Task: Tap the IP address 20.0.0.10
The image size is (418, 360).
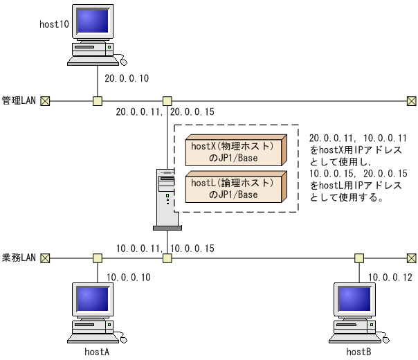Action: tap(127, 78)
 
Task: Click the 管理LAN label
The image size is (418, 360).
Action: tap(19, 101)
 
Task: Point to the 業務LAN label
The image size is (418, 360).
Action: tap(19, 258)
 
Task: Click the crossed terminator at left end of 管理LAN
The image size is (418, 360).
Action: tap(45, 101)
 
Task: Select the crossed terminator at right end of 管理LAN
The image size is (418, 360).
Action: tap(411, 101)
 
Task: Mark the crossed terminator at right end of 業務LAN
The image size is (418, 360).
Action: tap(411, 258)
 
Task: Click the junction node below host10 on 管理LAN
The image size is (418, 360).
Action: tap(98, 101)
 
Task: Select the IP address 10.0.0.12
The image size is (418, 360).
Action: tap(390, 277)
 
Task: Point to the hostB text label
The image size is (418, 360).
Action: tap(358, 352)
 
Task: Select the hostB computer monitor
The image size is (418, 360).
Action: tap(354, 299)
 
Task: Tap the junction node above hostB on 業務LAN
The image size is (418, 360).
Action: tap(359, 258)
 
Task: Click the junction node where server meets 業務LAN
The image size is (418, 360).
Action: tap(167, 258)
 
